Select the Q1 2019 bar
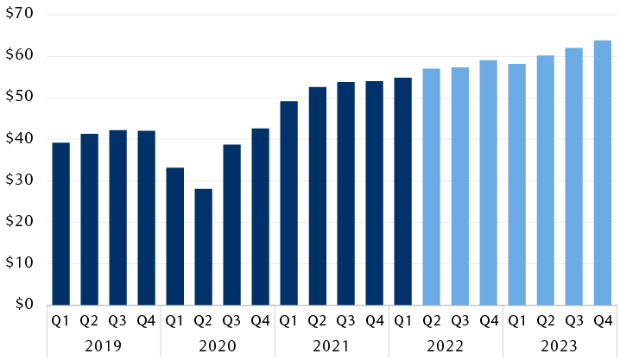pos(60,223)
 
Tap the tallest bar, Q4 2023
pos(603,173)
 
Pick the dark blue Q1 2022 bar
pos(402,191)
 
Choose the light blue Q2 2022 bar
pos(431,186)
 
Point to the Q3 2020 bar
pos(231,224)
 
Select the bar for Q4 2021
pos(374,193)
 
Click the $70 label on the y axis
pos(20,15)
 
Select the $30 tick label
pos(20,180)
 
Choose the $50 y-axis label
pos(20,98)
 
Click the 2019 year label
pos(104,344)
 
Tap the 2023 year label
pos(560,344)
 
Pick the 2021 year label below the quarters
pos(332,344)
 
